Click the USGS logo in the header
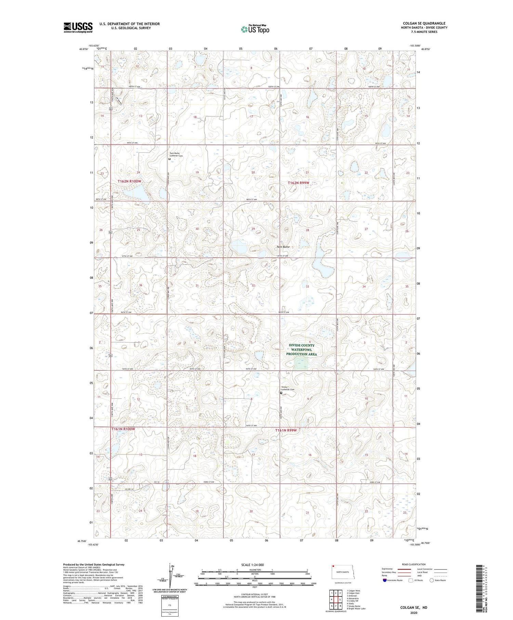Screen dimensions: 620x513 click(78, 27)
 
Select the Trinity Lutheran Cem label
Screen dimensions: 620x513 click(288, 388)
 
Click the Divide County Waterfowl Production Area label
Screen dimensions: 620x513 click(301, 350)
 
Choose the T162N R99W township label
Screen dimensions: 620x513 click(299, 183)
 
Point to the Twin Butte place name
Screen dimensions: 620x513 click(283, 247)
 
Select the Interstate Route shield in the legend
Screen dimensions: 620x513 click(385, 580)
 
